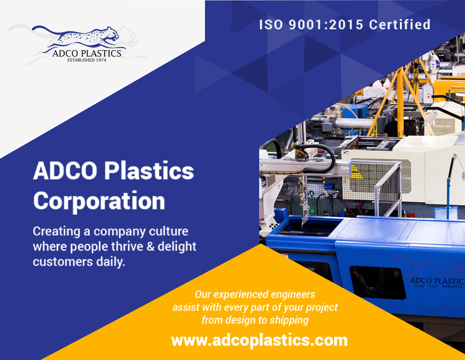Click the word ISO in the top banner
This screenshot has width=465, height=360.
point(271,25)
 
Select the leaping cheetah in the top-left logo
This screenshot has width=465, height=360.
point(78,37)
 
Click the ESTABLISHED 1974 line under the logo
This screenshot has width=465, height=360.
point(87,60)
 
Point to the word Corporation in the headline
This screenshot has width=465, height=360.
point(99,201)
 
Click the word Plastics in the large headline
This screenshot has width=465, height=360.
point(149,171)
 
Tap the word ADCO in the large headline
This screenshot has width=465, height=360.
point(65,171)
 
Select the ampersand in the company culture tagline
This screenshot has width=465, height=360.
point(151,247)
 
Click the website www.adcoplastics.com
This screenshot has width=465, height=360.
point(259,340)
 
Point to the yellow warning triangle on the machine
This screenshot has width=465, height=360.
point(355,172)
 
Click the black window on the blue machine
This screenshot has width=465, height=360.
point(378,282)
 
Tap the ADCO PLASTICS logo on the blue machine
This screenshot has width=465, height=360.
point(436,274)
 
